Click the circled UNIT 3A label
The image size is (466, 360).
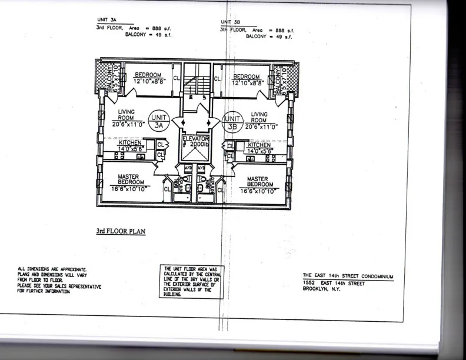coord(159,121)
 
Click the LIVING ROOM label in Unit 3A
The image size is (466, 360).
coord(126,115)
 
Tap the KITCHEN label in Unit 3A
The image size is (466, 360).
coord(130,143)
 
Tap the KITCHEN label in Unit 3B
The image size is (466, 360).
coord(259,145)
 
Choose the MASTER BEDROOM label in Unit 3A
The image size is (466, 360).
coord(128,179)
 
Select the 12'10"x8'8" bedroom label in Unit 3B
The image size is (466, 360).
coord(247,80)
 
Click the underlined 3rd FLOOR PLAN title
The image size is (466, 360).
coord(121,231)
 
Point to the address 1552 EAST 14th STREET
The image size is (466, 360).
coord(334,284)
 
